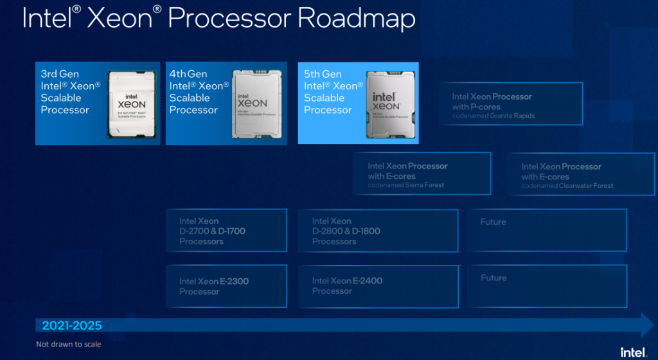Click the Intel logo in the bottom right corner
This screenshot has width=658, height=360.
[632, 351]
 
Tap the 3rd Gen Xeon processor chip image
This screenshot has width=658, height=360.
[132, 104]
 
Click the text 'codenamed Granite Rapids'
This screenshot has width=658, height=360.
[493, 116]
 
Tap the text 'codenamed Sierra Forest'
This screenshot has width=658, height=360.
[405, 185]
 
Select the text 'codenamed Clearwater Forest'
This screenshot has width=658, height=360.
[567, 186]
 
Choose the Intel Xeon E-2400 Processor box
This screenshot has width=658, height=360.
[378, 286]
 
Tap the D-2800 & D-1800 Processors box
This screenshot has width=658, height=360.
[378, 231]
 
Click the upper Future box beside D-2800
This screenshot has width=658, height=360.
[546, 230]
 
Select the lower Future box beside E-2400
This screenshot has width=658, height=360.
[546, 286]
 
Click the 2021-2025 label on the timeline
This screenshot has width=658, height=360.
[72, 325]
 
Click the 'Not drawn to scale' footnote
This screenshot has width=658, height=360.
[68, 345]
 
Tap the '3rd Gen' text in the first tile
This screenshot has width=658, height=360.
[60, 75]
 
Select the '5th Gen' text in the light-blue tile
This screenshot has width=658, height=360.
[323, 75]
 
